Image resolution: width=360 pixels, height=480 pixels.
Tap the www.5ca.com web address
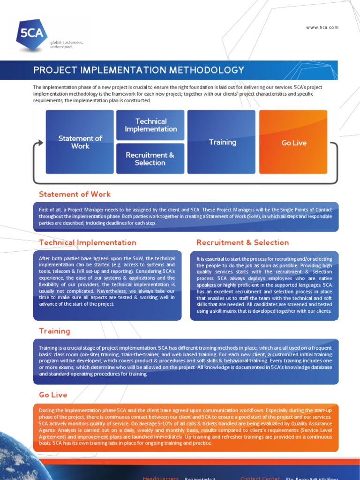(x=322, y=28)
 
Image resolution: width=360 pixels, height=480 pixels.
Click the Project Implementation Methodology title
(x=139, y=70)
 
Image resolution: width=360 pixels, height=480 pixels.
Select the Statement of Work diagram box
(x=80, y=142)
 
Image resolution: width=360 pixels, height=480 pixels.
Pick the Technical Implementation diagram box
(x=150, y=125)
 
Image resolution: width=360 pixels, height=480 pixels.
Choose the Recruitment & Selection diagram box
(x=150, y=158)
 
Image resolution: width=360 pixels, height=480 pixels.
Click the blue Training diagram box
(x=222, y=142)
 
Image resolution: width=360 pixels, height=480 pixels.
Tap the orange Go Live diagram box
(x=293, y=142)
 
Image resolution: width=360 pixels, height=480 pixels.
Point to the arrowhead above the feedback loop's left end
(x=37, y=142)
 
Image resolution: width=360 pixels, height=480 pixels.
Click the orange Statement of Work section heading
(x=75, y=194)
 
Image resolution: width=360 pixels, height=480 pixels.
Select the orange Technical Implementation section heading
(x=88, y=242)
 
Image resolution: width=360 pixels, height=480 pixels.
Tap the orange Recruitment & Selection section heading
(x=242, y=242)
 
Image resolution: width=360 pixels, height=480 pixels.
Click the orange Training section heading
(x=54, y=331)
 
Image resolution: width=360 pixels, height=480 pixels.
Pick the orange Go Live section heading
(x=53, y=395)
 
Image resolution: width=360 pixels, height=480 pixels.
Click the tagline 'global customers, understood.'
(x=67, y=44)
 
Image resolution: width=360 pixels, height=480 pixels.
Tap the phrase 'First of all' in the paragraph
(x=49, y=210)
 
